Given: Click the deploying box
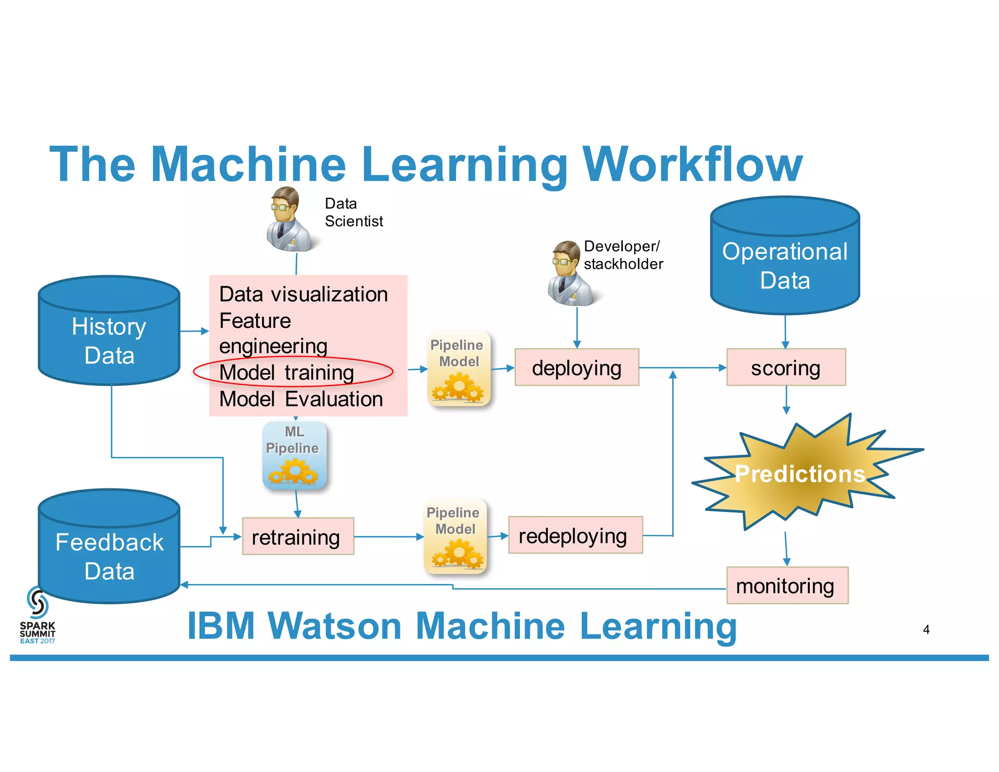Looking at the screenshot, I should [x=577, y=367].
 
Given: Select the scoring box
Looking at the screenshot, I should [x=786, y=367].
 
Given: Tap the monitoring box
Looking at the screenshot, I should [x=787, y=586].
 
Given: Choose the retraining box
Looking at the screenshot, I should [x=298, y=537].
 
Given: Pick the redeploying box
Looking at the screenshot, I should [x=575, y=535].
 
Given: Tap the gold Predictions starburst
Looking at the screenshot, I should [x=800, y=473].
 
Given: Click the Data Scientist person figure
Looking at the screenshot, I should [x=288, y=220].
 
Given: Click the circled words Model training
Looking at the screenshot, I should [x=287, y=372].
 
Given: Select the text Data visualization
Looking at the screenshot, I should [x=303, y=294].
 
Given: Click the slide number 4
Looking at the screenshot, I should [x=926, y=630].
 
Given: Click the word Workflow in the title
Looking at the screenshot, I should [x=693, y=164].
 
